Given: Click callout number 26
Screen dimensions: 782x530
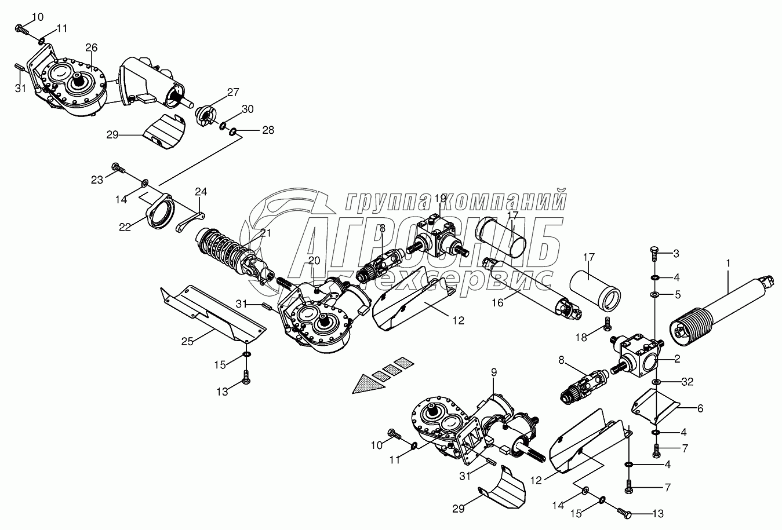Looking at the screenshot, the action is click(91, 47).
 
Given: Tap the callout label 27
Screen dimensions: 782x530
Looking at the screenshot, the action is click(232, 92).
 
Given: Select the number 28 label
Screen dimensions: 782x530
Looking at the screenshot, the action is click(268, 130).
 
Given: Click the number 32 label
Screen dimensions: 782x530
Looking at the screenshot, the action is click(687, 382).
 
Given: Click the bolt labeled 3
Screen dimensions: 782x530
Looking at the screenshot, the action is click(654, 252).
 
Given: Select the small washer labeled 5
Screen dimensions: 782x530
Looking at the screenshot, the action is click(654, 295).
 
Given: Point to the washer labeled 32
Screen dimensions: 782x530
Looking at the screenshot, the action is click(655, 382).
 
